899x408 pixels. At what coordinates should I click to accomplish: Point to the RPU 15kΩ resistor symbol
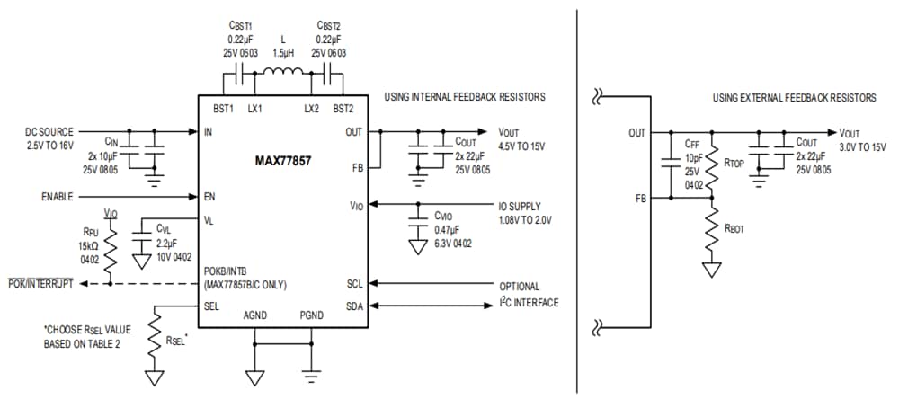(x=110, y=253)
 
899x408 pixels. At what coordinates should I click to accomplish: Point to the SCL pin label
(x=354, y=284)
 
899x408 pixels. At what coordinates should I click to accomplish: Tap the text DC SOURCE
(x=49, y=132)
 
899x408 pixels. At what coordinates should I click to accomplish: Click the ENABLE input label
(x=60, y=197)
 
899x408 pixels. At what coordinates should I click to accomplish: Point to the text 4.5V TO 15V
(x=521, y=146)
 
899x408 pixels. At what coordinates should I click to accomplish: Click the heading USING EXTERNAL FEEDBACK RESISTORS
(x=794, y=97)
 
